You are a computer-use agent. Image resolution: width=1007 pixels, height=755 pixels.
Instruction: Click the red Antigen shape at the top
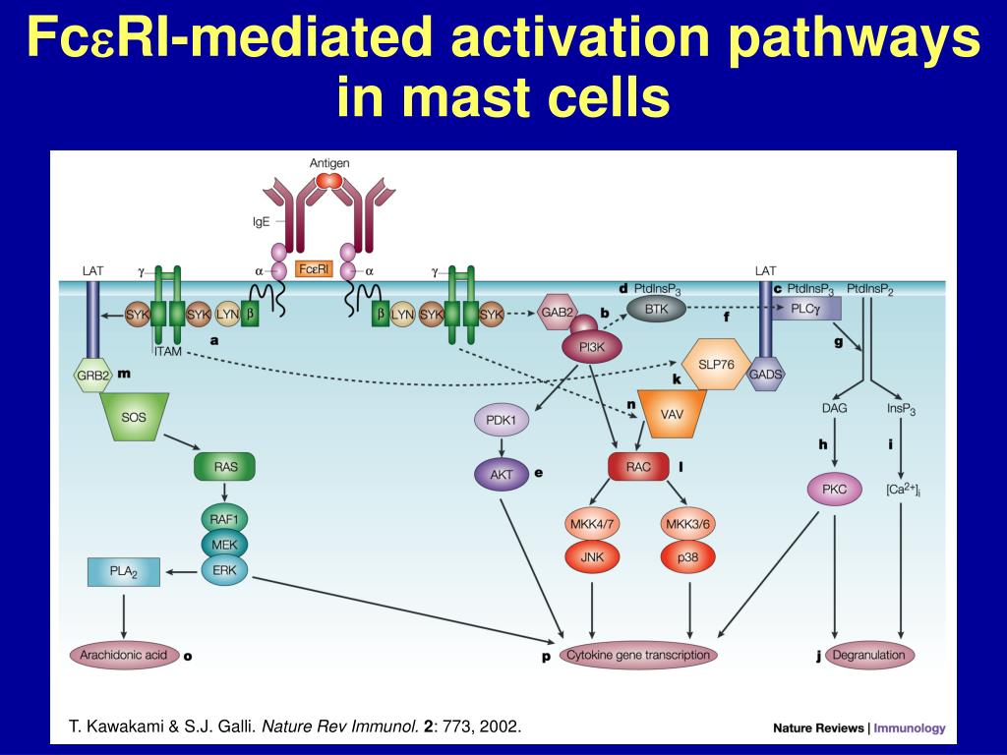click(329, 181)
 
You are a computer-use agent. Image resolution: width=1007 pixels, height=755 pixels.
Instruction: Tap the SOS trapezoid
click(134, 418)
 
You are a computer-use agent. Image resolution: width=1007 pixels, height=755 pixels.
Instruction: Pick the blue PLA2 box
click(123, 571)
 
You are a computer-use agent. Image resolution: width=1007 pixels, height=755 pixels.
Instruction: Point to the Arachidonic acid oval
click(124, 655)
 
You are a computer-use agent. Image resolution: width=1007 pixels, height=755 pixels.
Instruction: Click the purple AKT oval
click(502, 474)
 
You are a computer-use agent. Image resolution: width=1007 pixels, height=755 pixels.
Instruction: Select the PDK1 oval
click(502, 421)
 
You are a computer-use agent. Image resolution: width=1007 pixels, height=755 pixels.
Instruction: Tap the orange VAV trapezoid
click(673, 414)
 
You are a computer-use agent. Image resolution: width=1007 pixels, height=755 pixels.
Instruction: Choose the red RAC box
click(638, 467)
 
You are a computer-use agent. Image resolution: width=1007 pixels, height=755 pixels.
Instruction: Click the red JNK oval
click(592, 556)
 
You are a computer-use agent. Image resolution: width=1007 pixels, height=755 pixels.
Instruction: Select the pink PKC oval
click(834, 488)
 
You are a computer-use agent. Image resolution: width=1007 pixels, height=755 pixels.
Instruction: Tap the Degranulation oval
click(868, 655)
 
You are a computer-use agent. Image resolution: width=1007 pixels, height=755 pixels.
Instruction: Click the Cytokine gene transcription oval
click(638, 655)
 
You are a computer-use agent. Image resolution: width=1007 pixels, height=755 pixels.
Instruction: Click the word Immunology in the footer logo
click(911, 728)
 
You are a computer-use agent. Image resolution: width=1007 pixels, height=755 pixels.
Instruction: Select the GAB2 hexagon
click(558, 313)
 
